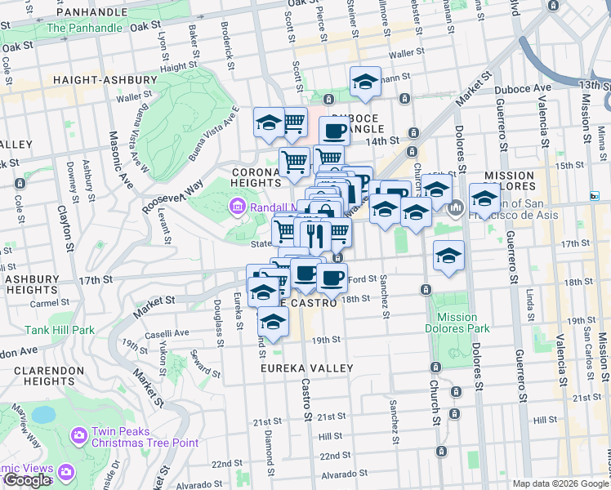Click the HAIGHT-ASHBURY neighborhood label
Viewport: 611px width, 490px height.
(x=104, y=80)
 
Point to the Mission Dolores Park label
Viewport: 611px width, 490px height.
(x=457, y=323)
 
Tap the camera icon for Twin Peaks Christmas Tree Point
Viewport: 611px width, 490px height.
(x=80, y=434)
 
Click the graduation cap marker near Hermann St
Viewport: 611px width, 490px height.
(x=365, y=82)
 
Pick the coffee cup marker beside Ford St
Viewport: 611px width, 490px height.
(x=331, y=278)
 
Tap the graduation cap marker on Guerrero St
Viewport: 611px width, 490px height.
(x=484, y=199)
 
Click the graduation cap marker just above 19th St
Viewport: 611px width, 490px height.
(x=273, y=322)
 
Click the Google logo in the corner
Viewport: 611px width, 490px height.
(x=27, y=480)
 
